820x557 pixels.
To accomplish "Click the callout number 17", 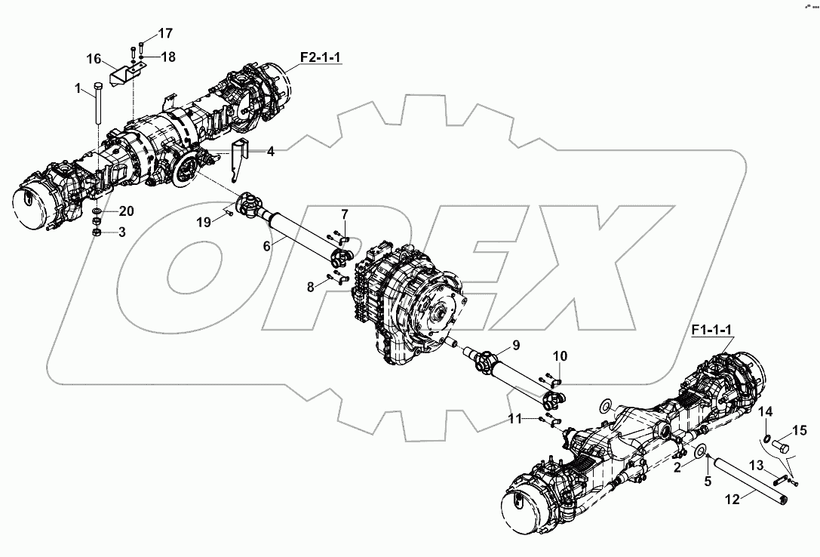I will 164,34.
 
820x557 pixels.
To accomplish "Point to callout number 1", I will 77,89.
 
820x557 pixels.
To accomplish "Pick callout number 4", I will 270,151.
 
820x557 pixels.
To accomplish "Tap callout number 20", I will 126,211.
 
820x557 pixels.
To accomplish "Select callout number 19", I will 204,222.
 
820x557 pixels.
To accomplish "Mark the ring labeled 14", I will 766,439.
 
